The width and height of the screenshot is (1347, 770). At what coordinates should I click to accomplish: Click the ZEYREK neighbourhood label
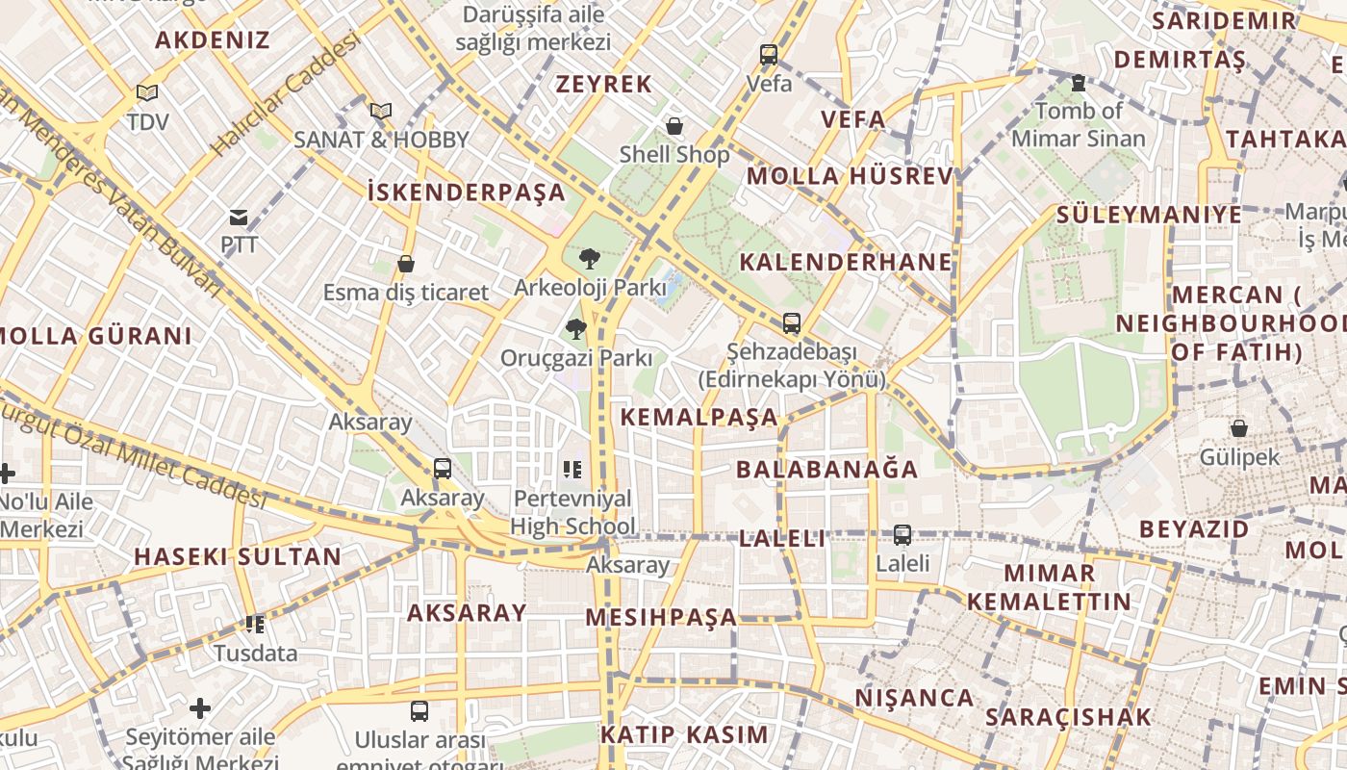(604, 84)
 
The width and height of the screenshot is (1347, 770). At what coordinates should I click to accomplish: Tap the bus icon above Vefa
(768, 55)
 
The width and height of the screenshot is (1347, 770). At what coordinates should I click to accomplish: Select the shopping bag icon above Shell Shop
(674, 126)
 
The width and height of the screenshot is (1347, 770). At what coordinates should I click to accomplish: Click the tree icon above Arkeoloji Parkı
(589, 258)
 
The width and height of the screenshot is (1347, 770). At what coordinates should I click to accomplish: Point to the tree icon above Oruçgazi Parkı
(575, 329)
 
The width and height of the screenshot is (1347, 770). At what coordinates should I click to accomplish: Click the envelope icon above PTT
(239, 218)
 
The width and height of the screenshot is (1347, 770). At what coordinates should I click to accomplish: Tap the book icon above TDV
(146, 93)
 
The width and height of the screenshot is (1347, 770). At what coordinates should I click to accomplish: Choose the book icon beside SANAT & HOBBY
(381, 112)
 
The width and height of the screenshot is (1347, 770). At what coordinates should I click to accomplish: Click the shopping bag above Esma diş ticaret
(406, 264)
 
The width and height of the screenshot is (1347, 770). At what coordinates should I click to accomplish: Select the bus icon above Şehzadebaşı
(791, 323)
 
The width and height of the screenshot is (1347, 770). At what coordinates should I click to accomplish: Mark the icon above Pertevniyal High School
(572, 470)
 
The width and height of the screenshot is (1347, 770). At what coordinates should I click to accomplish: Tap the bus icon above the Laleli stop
(902, 534)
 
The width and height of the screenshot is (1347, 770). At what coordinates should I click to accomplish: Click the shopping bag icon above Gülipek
(1239, 428)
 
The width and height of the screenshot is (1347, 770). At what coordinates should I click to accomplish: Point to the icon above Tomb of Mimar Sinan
(1078, 83)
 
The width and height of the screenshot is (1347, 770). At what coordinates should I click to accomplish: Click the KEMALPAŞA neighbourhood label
(699, 417)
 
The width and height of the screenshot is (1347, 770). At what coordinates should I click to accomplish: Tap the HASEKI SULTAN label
(238, 556)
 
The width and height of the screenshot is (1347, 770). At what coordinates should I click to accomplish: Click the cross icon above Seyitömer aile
(200, 709)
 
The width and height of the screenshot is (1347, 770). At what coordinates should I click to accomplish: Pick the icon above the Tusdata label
(255, 625)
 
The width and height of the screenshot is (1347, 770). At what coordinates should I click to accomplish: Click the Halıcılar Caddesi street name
(285, 94)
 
